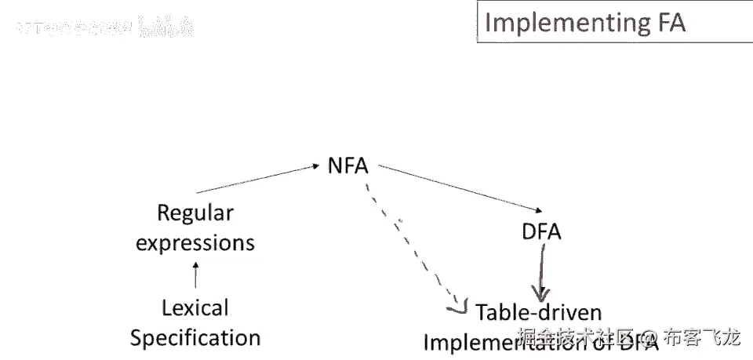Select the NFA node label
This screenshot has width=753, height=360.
(x=347, y=166)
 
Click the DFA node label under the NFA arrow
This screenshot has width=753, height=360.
(x=541, y=233)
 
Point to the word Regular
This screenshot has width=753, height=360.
(x=195, y=213)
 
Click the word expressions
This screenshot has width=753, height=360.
(x=195, y=242)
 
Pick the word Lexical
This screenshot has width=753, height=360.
(x=195, y=307)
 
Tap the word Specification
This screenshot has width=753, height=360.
(x=195, y=338)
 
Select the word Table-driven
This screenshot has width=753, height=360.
(x=538, y=312)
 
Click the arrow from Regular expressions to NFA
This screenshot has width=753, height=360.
(x=255, y=179)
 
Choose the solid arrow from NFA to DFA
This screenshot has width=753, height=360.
(x=459, y=188)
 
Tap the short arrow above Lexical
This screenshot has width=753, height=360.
(x=196, y=275)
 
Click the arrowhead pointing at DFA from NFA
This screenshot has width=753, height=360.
(x=535, y=210)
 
